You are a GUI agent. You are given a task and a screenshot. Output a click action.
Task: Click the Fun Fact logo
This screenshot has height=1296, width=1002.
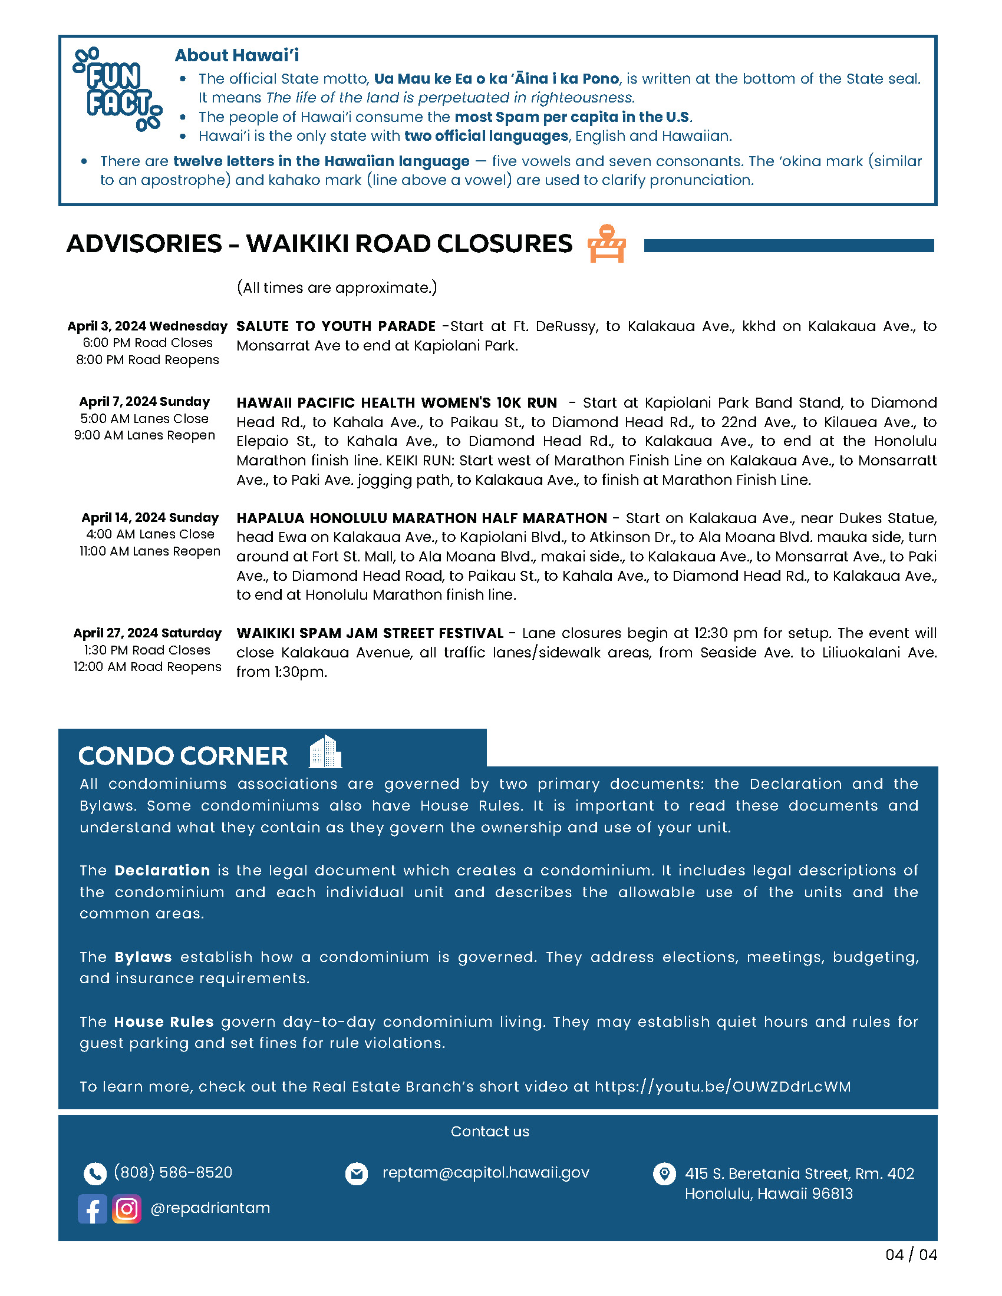point(117,90)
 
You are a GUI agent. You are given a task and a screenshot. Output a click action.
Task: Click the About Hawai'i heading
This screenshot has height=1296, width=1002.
point(237,55)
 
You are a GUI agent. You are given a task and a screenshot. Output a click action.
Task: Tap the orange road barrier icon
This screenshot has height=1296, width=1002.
point(606,243)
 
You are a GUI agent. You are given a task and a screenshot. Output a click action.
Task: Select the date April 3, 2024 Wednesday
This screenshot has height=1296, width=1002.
point(147,326)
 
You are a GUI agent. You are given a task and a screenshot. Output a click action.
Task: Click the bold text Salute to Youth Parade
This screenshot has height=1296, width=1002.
point(336,326)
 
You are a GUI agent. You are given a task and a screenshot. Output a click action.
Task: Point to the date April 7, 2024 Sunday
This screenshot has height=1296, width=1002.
point(145,402)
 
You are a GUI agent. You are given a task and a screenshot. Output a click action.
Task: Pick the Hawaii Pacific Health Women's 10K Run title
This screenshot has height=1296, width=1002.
point(397,403)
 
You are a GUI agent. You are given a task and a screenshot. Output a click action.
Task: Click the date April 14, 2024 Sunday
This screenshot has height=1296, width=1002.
point(150,517)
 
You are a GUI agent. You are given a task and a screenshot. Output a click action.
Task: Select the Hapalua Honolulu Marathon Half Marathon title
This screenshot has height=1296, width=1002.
point(421,518)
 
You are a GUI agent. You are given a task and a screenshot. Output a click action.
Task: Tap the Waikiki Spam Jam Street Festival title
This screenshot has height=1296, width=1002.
point(370,633)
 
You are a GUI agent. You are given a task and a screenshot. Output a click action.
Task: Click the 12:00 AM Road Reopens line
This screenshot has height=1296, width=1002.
point(147,667)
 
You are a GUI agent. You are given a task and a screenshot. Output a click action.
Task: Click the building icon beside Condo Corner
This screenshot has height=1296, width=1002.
point(325,752)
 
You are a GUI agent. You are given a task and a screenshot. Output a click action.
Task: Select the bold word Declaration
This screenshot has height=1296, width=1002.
point(162,871)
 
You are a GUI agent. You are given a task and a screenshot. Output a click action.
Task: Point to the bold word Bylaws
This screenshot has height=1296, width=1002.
point(143,957)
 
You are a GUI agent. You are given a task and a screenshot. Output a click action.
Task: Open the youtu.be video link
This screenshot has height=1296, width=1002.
point(723,1086)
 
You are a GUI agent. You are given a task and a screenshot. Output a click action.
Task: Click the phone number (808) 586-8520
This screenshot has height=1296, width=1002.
point(173,1172)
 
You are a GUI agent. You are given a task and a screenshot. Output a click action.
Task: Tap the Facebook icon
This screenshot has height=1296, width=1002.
point(93,1209)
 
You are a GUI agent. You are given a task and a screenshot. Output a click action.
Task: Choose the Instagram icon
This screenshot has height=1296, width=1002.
point(127,1209)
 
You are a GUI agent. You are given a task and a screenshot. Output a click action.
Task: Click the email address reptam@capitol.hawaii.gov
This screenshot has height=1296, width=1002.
point(486,1172)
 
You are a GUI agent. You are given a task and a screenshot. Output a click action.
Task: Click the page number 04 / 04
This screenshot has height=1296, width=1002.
point(911,1255)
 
